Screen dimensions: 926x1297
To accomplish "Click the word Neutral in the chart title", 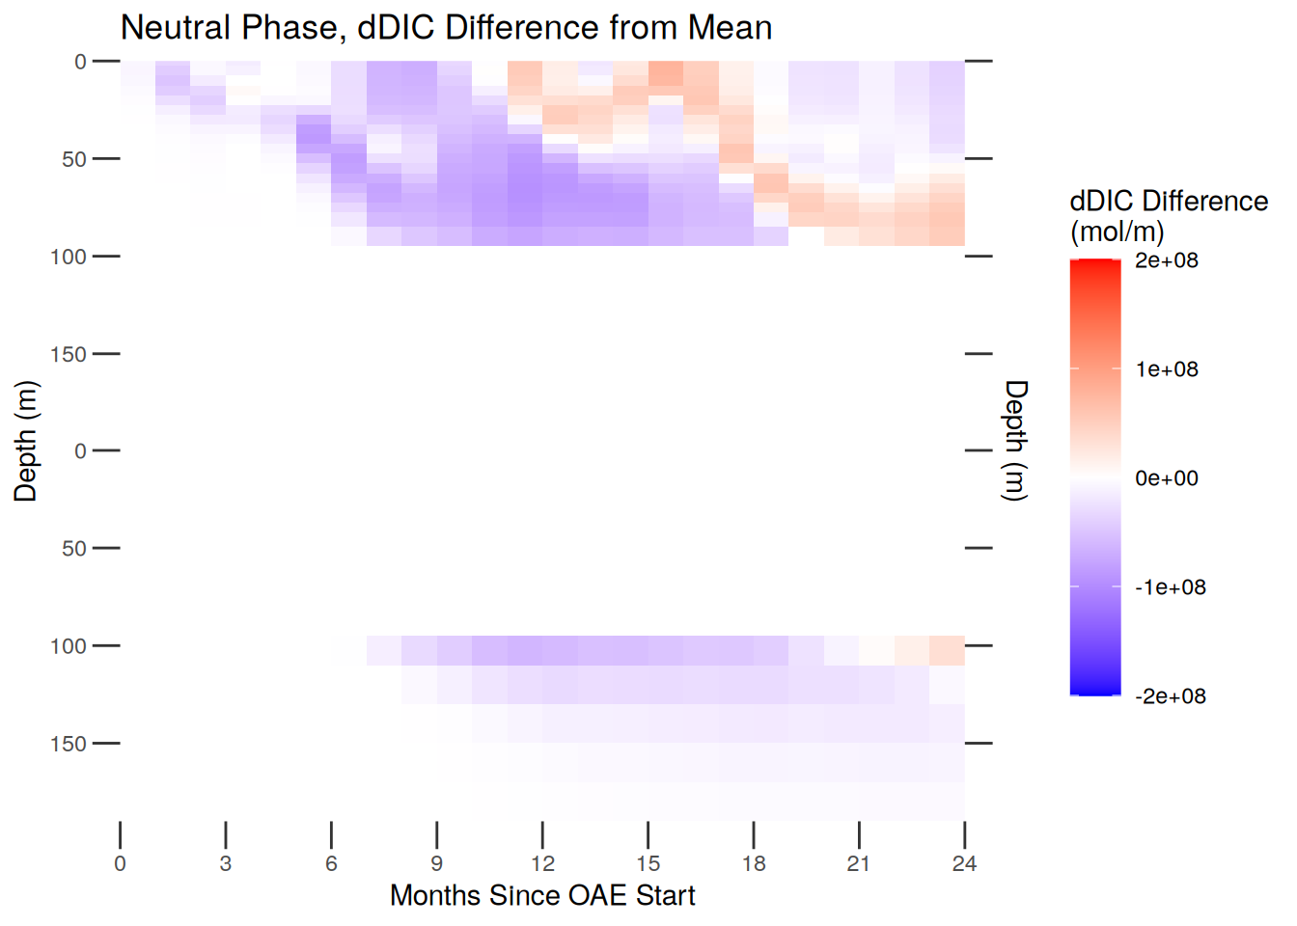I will click(x=175, y=28).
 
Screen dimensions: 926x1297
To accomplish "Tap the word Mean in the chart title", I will click(x=730, y=28).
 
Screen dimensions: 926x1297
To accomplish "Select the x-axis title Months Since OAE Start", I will click(x=542, y=895).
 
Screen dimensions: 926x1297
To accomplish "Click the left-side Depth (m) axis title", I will click(x=26, y=441).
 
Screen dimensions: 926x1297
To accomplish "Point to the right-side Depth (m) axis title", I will click(x=1016, y=441).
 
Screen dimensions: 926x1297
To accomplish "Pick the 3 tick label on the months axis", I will click(x=226, y=864).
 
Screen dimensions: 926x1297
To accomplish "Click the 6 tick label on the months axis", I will click(x=331, y=864).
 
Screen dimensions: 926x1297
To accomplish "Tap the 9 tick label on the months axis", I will click(x=437, y=864).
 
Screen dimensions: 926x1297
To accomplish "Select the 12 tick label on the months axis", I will click(x=542, y=864).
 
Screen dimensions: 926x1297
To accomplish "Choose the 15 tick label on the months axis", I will click(x=648, y=864).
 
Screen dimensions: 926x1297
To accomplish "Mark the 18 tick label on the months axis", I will click(x=754, y=864).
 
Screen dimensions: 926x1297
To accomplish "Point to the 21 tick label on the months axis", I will click(x=859, y=864).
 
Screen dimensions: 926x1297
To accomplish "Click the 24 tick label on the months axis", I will click(x=964, y=864).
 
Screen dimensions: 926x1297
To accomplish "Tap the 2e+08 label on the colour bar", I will click(x=1166, y=260).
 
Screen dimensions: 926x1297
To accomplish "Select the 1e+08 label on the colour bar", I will click(x=1166, y=369).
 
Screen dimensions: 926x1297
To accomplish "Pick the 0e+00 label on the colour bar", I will click(x=1166, y=478).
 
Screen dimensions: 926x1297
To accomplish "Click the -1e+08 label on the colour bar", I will click(x=1170, y=587).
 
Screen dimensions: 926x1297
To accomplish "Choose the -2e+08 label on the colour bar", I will click(x=1170, y=696).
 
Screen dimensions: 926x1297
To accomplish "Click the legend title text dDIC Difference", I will click(x=1169, y=201).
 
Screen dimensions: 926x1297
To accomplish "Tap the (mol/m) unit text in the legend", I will click(x=1117, y=231).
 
